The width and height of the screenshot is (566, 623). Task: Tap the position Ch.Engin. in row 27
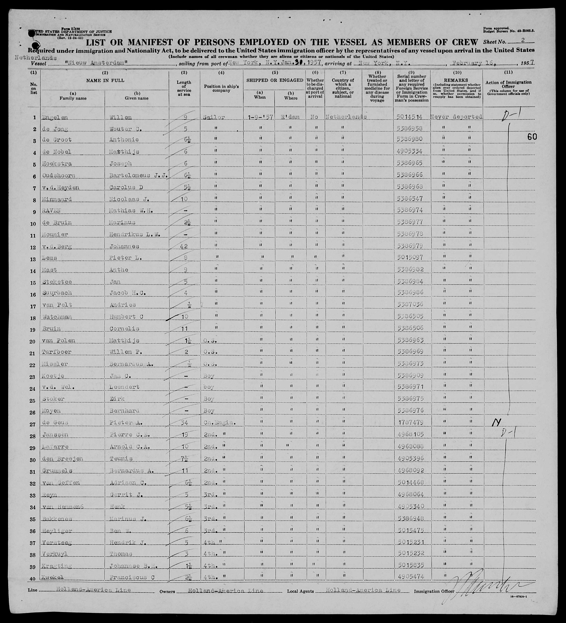pyautogui.click(x=220, y=422)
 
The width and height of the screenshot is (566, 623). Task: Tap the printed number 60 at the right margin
pyautogui.click(x=532, y=137)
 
